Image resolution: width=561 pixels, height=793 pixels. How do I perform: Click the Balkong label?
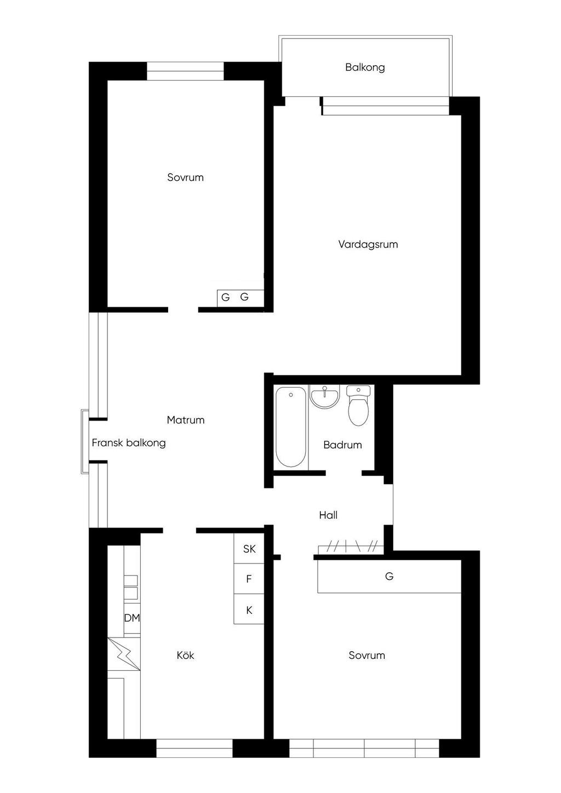[365, 67]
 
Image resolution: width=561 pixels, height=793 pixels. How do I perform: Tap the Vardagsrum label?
[368, 244]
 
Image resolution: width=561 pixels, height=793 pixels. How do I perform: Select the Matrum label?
[186, 420]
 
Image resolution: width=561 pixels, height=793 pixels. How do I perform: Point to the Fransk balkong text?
[129, 443]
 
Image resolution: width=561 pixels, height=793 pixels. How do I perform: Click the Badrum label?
[342, 445]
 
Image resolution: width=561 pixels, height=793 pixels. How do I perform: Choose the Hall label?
[328, 515]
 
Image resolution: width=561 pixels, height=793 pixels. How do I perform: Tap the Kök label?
[185, 656]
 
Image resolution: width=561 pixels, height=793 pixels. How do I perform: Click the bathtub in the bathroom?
[291, 427]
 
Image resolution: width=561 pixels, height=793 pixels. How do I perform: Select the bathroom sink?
[325, 396]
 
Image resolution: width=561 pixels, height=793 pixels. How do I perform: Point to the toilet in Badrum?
[358, 405]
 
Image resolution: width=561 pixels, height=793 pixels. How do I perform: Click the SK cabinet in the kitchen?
[249, 549]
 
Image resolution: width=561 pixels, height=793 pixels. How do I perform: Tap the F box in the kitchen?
[249, 579]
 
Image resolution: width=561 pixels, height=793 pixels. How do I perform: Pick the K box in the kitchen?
[249, 610]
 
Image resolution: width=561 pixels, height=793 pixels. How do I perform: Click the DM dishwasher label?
[131, 618]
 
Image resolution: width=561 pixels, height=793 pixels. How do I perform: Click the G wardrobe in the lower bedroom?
[389, 576]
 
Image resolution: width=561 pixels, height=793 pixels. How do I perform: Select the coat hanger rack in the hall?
[351, 547]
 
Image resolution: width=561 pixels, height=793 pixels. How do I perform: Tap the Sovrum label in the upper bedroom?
[185, 177]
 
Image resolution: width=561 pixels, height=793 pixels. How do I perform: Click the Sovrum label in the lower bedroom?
[367, 656]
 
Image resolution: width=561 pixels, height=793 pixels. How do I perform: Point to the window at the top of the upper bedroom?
[185, 71]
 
